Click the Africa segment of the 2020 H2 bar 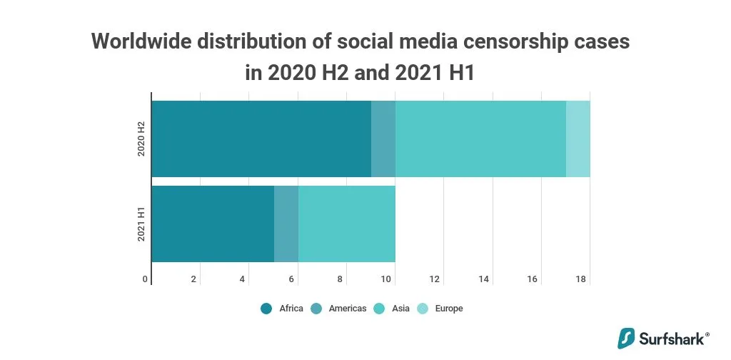point(261,139)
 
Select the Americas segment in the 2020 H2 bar point(383,139)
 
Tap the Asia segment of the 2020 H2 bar point(480,139)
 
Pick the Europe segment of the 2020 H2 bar point(578,139)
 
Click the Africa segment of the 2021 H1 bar point(213,224)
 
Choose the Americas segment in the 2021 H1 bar point(286,224)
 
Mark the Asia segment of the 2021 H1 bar point(347,224)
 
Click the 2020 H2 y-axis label point(141,139)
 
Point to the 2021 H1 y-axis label point(141,224)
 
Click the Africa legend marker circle point(266,309)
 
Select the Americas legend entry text point(348,309)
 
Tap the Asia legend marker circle point(379,309)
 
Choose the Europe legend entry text point(448,309)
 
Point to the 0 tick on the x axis point(146,279)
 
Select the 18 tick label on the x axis point(581,279)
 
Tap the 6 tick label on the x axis point(291,279)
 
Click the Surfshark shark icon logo point(626,338)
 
